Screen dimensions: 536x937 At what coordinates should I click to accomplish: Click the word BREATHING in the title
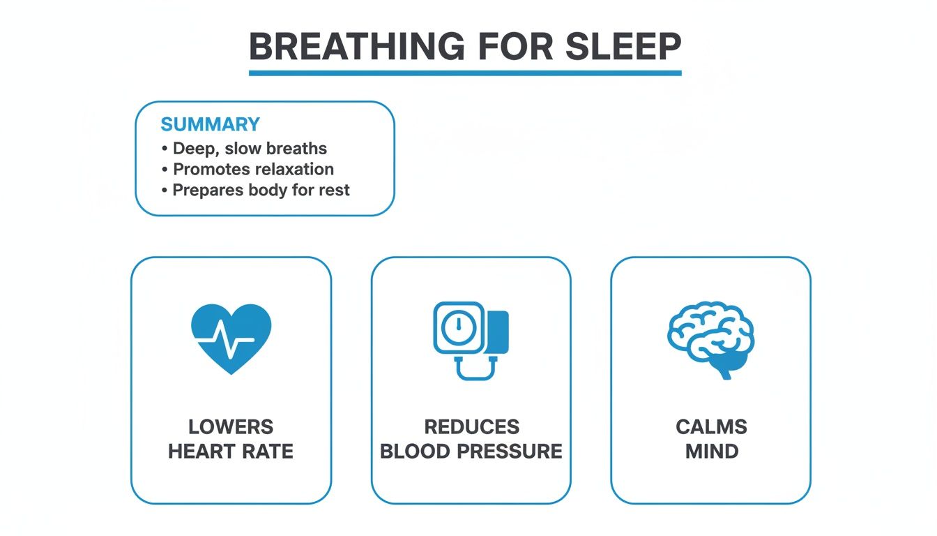coord(356,47)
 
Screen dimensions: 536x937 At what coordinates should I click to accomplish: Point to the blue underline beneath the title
coord(465,73)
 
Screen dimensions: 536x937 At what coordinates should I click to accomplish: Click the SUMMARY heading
coord(210,125)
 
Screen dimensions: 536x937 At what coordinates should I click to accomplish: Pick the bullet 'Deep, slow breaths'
coord(250,149)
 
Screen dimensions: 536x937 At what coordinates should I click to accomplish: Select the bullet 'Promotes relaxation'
coord(253,169)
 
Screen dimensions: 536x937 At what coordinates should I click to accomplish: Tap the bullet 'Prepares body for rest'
coord(261,190)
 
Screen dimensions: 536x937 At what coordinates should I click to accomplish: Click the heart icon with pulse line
coord(231,338)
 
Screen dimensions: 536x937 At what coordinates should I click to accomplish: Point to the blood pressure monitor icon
coord(471,339)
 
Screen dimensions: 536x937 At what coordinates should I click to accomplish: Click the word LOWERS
coord(231,427)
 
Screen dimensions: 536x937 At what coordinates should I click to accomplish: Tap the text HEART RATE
coord(231,452)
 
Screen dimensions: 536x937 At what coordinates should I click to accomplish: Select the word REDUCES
coord(471,427)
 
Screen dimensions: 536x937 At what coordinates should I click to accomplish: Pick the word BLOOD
coord(416,452)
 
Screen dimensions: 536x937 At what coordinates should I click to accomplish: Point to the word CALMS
coord(711,427)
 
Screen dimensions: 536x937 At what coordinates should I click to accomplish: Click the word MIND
coord(711,452)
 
